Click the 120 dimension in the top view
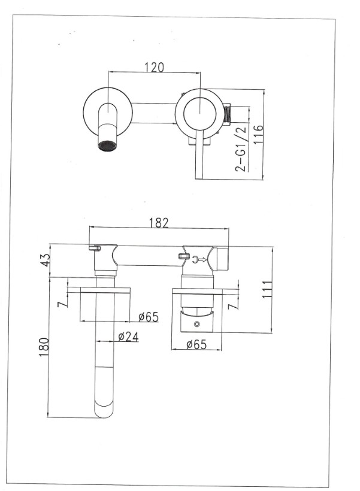pyautogui.click(x=155, y=67)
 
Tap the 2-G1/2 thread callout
pyautogui.click(x=241, y=149)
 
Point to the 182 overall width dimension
pyautogui.click(x=158, y=222)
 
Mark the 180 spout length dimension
pyautogui.click(x=43, y=347)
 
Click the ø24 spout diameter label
pyautogui.click(x=128, y=337)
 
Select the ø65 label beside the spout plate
pyautogui.click(x=147, y=317)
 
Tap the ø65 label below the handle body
pyautogui.click(x=196, y=344)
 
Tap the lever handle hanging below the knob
pyautogui.click(x=199, y=159)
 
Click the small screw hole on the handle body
pyautogui.click(x=197, y=323)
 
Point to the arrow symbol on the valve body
pyautogui.click(x=202, y=259)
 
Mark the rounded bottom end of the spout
pyautogui.click(x=105, y=411)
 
